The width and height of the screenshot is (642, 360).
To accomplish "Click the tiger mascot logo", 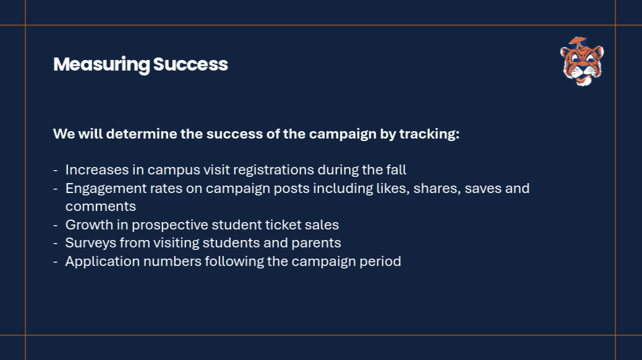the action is tap(582, 61).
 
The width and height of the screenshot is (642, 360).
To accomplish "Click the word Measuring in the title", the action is tap(101, 65).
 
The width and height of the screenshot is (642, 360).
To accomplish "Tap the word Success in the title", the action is tap(190, 64).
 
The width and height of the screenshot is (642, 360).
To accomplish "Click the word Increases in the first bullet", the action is tap(97, 169).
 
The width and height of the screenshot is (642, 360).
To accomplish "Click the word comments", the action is tap(100, 207).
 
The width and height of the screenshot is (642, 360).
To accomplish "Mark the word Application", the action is tap(102, 262).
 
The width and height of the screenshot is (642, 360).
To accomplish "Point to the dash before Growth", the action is tap(55, 225).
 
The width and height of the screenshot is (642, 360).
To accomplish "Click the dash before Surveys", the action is tap(55, 244).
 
